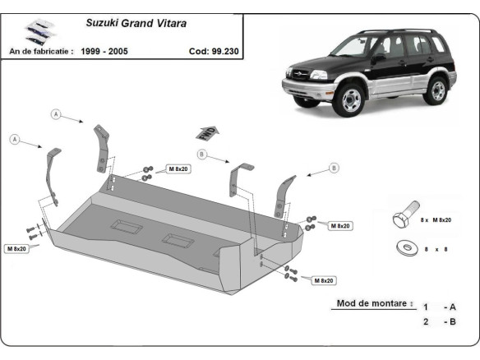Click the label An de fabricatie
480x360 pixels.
point(41,50)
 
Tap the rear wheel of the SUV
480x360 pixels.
point(438,89)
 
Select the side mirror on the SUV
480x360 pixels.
point(377,59)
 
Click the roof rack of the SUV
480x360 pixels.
point(395,32)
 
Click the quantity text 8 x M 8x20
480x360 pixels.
point(437,220)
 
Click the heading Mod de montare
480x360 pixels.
point(372,302)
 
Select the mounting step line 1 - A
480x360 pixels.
point(439,307)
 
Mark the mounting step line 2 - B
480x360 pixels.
point(439,321)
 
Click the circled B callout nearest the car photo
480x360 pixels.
point(334,168)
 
